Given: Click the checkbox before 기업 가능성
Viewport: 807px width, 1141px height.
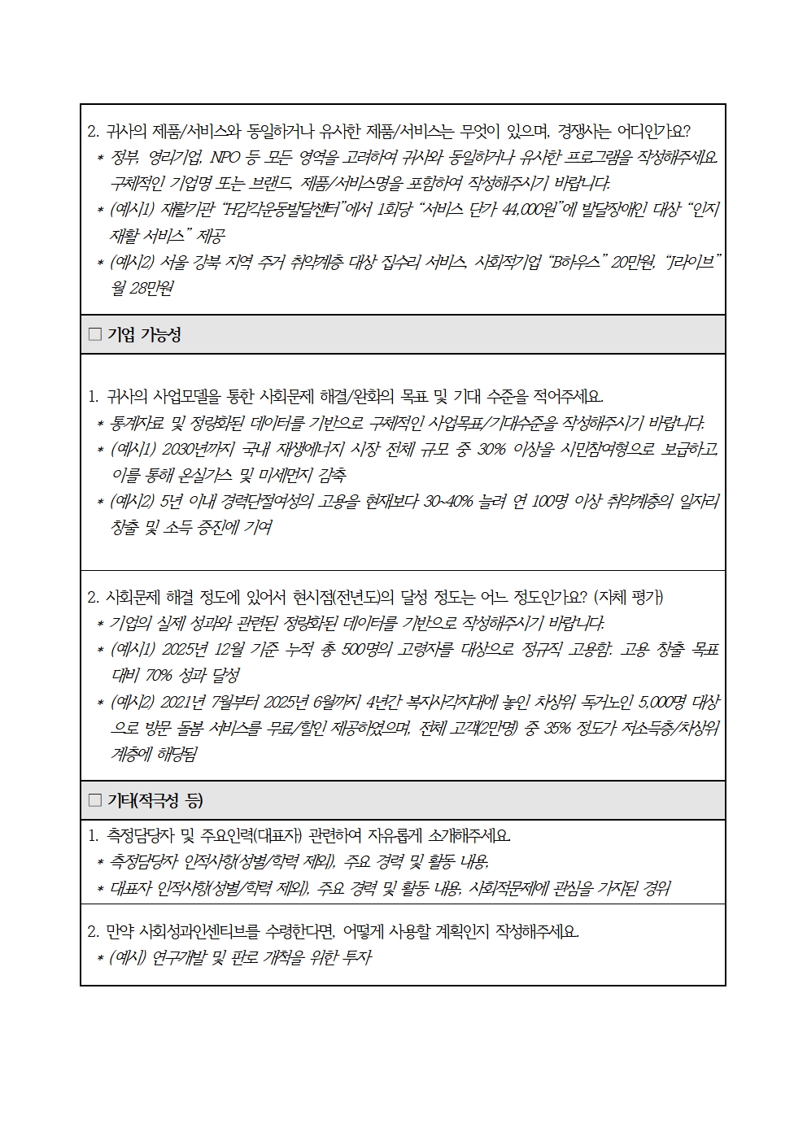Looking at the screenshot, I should pos(95,334).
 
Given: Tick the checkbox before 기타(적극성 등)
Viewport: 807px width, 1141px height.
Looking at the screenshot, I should pos(95,800).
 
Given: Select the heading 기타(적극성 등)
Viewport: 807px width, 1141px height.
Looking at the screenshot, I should pos(155,800).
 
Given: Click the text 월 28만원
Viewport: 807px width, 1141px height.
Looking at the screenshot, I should pos(142,288).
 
